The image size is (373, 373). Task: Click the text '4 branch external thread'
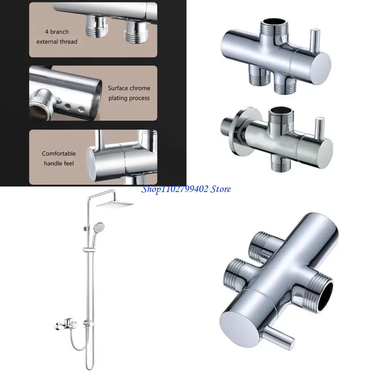57,37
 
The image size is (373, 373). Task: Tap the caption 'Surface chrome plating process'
129,93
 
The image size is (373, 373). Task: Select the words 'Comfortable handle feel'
59,158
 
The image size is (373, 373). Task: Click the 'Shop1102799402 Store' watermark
186,189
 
